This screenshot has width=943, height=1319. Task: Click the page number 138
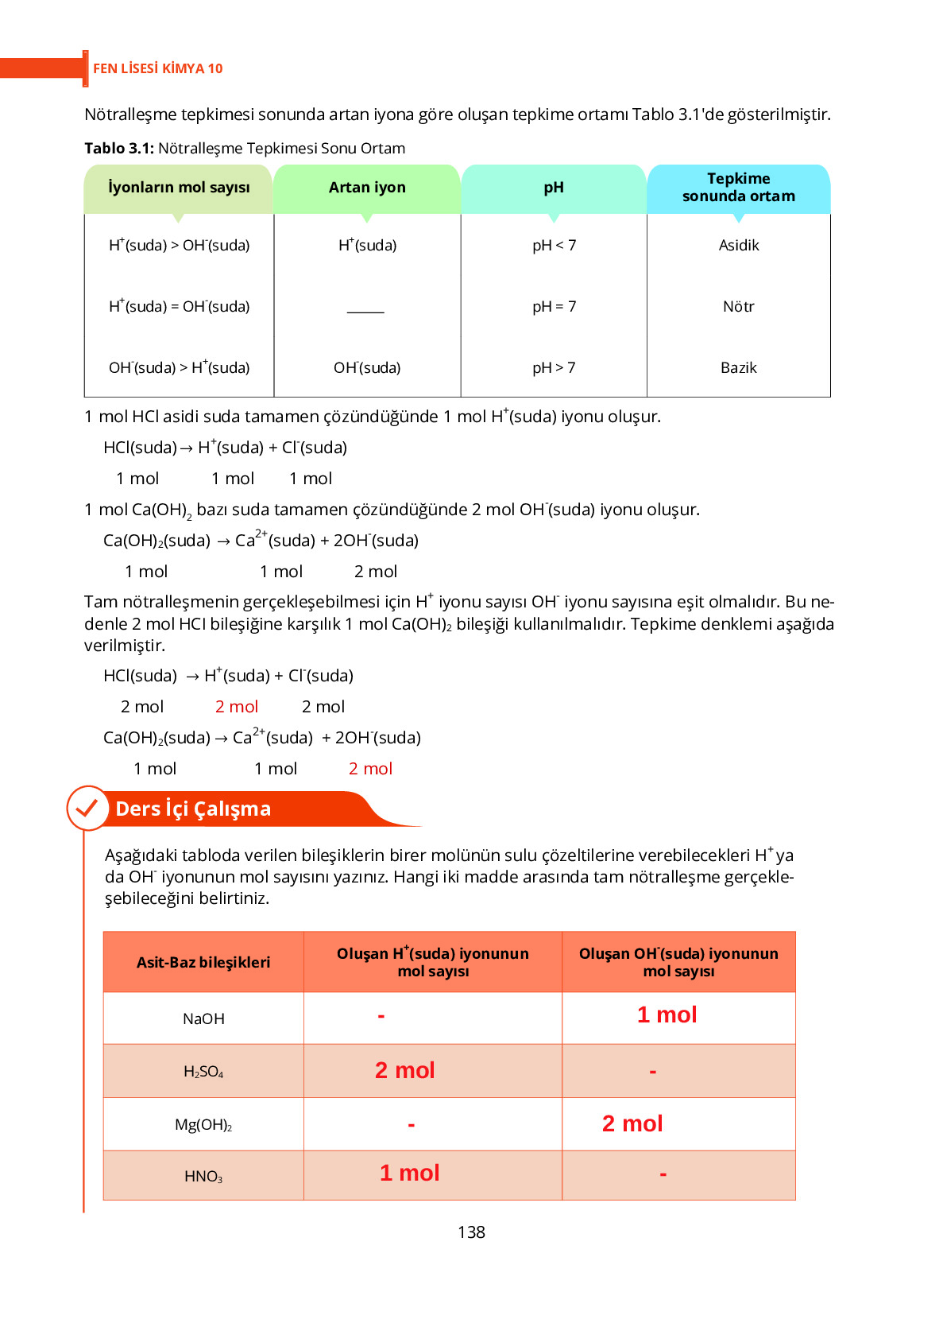471,1232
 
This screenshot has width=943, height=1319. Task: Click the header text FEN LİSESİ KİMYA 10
157,68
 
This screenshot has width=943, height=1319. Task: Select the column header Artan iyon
367,188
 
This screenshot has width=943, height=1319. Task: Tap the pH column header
554,188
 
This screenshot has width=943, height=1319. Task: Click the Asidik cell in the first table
739,246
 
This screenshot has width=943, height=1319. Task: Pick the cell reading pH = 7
554,307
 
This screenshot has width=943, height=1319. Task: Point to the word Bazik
739,368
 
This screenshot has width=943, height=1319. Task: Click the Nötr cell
739,307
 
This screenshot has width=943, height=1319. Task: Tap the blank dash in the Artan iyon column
365,312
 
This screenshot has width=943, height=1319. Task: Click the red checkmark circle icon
87,808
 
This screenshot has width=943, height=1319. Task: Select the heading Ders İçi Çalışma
193,809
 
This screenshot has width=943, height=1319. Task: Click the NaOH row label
203,1018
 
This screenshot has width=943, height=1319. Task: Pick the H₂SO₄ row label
203,1072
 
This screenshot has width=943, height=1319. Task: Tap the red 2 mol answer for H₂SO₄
404,1070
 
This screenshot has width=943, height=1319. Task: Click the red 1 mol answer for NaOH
667,1014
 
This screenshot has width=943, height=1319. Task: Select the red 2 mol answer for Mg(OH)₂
632,1123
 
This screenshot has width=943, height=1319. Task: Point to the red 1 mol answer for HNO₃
409,1173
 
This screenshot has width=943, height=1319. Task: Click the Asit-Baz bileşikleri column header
203,962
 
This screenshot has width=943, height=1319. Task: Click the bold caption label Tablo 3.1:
119,149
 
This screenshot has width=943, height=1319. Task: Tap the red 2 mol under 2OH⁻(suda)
370,769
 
